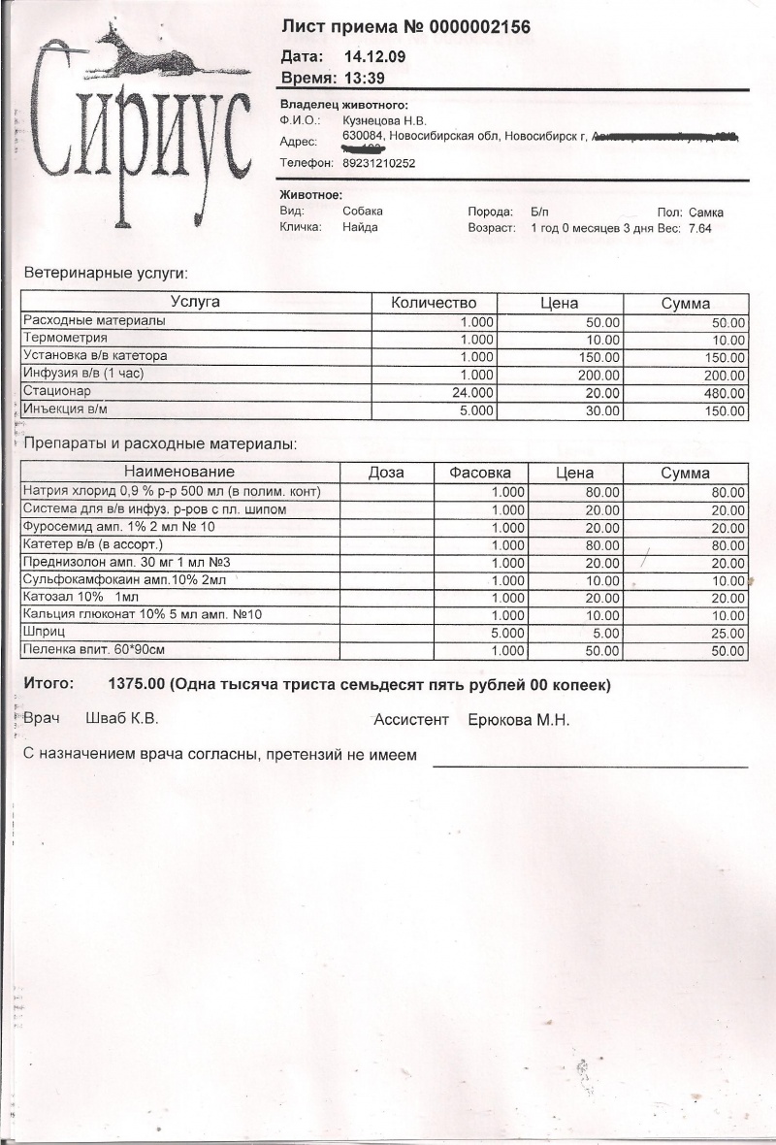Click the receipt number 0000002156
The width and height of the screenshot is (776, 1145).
coord(469,27)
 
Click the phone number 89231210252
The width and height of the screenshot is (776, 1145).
coord(379,163)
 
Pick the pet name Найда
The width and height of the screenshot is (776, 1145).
coord(360,227)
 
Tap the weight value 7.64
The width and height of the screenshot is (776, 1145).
coord(699,227)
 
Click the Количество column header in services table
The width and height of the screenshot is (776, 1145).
coord(434,303)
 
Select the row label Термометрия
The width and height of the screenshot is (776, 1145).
coord(65,339)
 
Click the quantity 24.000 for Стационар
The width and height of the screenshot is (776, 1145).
coord(472,392)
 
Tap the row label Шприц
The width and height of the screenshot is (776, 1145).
coord(44,632)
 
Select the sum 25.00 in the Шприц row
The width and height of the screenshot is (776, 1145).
coord(727,633)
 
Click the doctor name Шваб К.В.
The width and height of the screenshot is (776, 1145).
coord(121,720)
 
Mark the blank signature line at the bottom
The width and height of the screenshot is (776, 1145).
coord(590,766)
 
